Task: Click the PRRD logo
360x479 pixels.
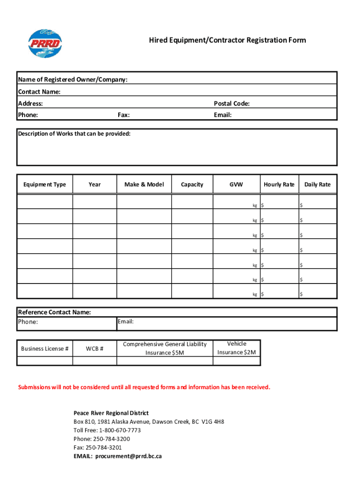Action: [45, 44]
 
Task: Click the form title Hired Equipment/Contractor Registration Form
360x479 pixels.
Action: [227, 40]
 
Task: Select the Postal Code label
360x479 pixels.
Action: [231, 103]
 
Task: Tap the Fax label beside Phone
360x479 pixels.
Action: [124, 115]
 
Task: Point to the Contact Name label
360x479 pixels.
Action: [39, 92]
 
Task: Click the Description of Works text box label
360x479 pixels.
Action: [74, 134]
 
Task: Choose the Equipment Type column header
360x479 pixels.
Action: [45, 184]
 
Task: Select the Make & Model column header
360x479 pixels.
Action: [144, 184]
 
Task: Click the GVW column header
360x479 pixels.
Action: [236, 184]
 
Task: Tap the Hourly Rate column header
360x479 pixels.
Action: [279, 184]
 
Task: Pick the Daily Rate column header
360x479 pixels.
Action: [317, 184]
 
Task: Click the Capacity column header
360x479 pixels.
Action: [192, 184]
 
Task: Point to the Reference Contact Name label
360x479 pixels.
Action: [54, 312]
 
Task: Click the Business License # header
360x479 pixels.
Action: [45, 348]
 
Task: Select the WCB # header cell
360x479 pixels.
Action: [95, 348]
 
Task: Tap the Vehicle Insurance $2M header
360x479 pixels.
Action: [237, 348]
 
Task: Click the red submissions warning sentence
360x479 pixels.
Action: [144, 387]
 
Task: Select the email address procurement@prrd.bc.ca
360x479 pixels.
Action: [129, 456]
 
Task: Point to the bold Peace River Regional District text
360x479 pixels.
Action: [111, 413]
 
